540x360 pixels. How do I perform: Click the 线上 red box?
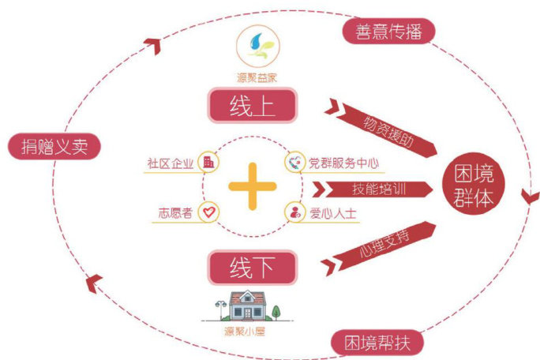(x=250, y=105)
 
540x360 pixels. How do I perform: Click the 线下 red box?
(x=250, y=268)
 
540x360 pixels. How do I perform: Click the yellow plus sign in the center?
(x=252, y=187)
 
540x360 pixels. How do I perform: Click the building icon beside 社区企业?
(x=208, y=163)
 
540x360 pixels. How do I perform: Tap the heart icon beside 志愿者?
(x=208, y=212)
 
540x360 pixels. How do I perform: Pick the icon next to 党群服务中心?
(x=294, y=163)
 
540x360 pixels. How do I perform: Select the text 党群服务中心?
(x=343, y=163)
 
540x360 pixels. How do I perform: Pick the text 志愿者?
(x=176, y=212)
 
